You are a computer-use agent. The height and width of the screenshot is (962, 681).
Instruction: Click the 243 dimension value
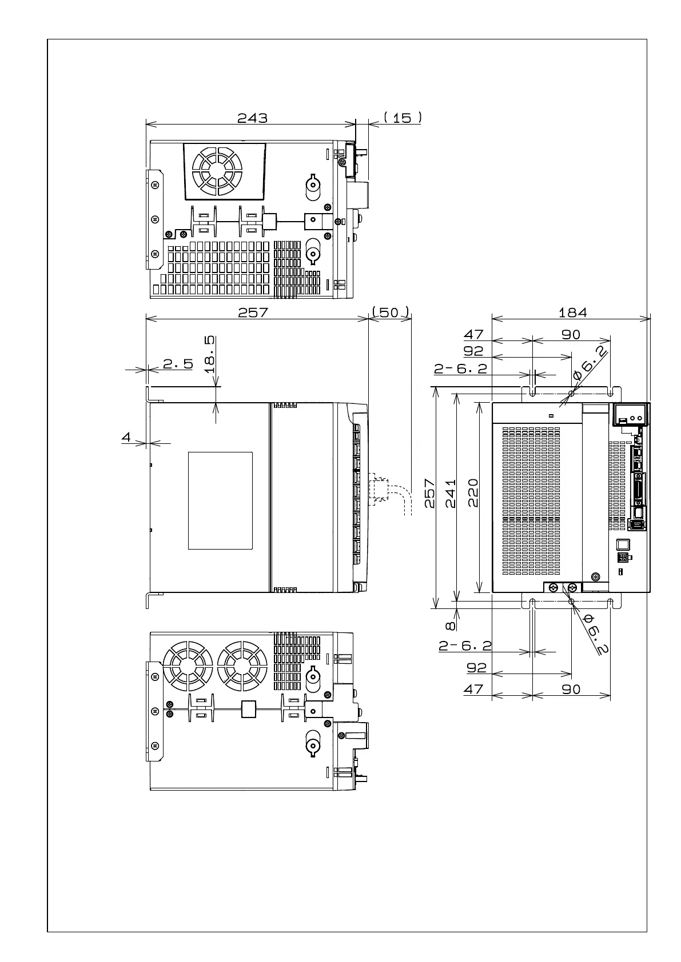tap(252, 118)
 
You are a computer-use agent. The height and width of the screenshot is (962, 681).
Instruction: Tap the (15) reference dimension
tap(403, 118)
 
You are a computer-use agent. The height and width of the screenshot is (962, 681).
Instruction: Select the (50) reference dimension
tap(391, 312)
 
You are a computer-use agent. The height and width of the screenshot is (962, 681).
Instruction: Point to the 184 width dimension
tap(572, 312)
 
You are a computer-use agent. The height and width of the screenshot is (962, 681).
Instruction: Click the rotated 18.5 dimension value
tap(210, 354)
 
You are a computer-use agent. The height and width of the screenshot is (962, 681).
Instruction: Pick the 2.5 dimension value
tap(178, 364)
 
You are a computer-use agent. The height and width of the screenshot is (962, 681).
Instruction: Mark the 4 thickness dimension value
tap(126, 437)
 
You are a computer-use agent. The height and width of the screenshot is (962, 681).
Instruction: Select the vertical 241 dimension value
tap(451, 493)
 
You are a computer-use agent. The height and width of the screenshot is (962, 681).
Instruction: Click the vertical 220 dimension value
tap(473, 493)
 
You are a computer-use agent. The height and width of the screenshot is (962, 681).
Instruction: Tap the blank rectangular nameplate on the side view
tap(220, 500)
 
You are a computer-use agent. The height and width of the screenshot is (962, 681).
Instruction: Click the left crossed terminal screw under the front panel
tap(553, 587)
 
